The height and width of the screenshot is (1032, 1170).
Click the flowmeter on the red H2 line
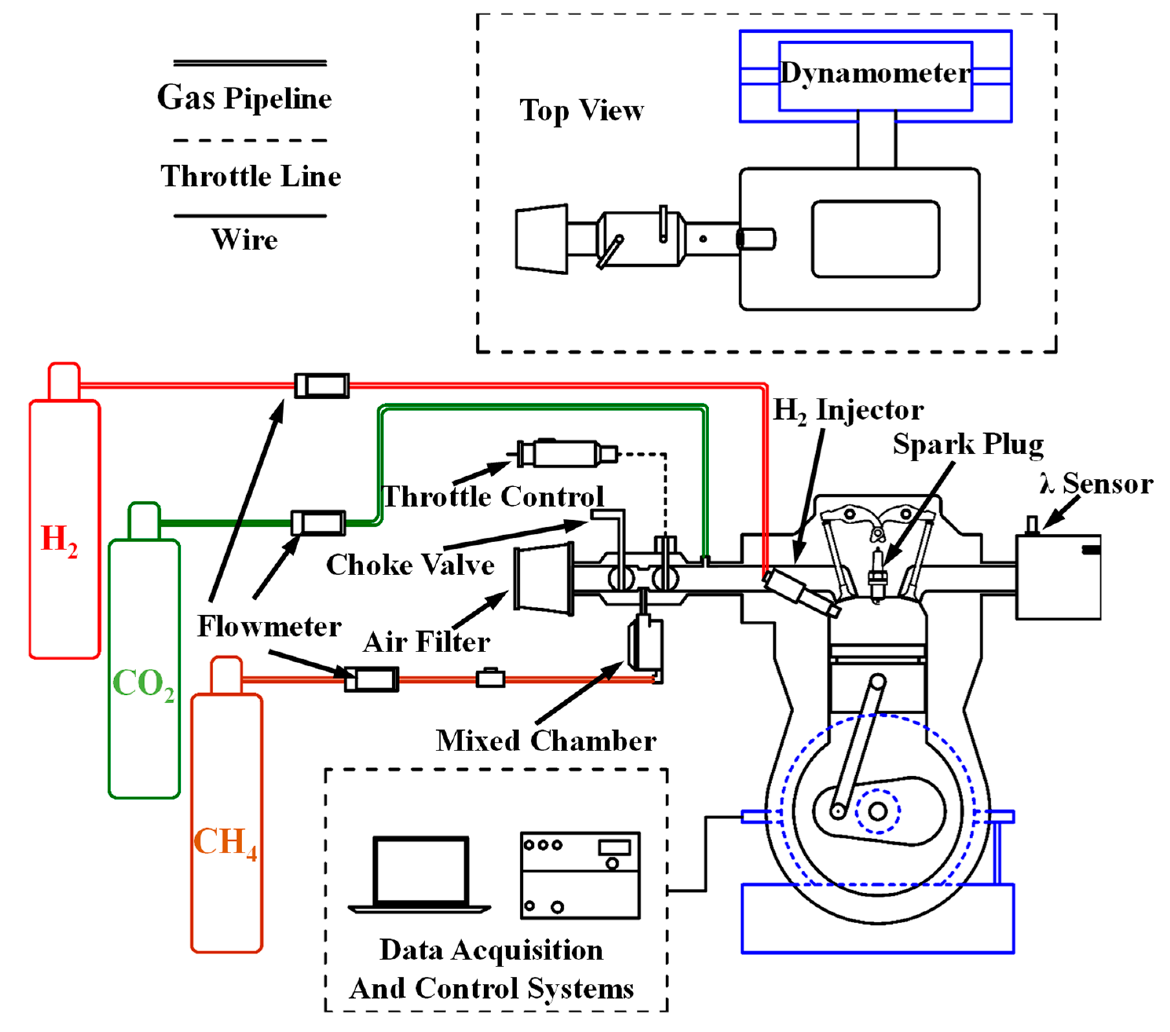tap(322, 385)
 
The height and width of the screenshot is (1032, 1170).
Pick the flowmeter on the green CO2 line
tap(318, 523)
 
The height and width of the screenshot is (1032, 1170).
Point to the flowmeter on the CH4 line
tap(372, 679)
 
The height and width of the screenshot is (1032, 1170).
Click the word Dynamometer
tap(876, 73)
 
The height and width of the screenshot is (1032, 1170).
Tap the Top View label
tap(582, 110)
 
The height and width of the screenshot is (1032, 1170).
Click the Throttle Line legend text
tap(251, 176)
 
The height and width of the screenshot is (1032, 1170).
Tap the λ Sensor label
tap(1096, 484)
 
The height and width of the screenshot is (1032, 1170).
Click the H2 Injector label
tap(848, 410)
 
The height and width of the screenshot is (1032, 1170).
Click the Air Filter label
tap(427, 642)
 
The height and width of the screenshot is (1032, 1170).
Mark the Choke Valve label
tap(410, 565)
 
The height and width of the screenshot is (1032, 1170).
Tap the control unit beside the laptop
tap(580, 876)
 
